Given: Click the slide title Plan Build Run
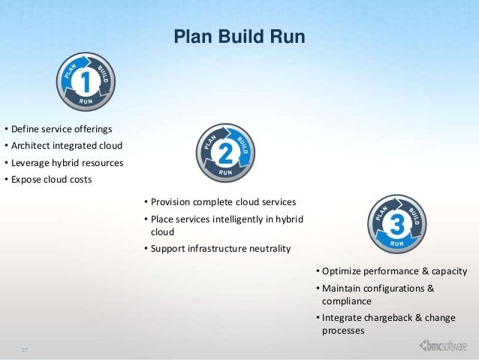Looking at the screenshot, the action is (239, 37).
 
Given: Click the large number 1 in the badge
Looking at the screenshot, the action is (85, 80).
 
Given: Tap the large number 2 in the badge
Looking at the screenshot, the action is (225, 153).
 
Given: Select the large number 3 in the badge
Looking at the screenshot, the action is (398, 222).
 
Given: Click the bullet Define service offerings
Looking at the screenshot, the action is (59, 129).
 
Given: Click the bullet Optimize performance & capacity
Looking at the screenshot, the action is (393, 271).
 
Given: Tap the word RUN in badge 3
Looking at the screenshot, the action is (399, 242).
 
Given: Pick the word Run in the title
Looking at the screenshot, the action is (288, 37).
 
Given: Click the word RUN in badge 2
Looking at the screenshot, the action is (226, 171).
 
